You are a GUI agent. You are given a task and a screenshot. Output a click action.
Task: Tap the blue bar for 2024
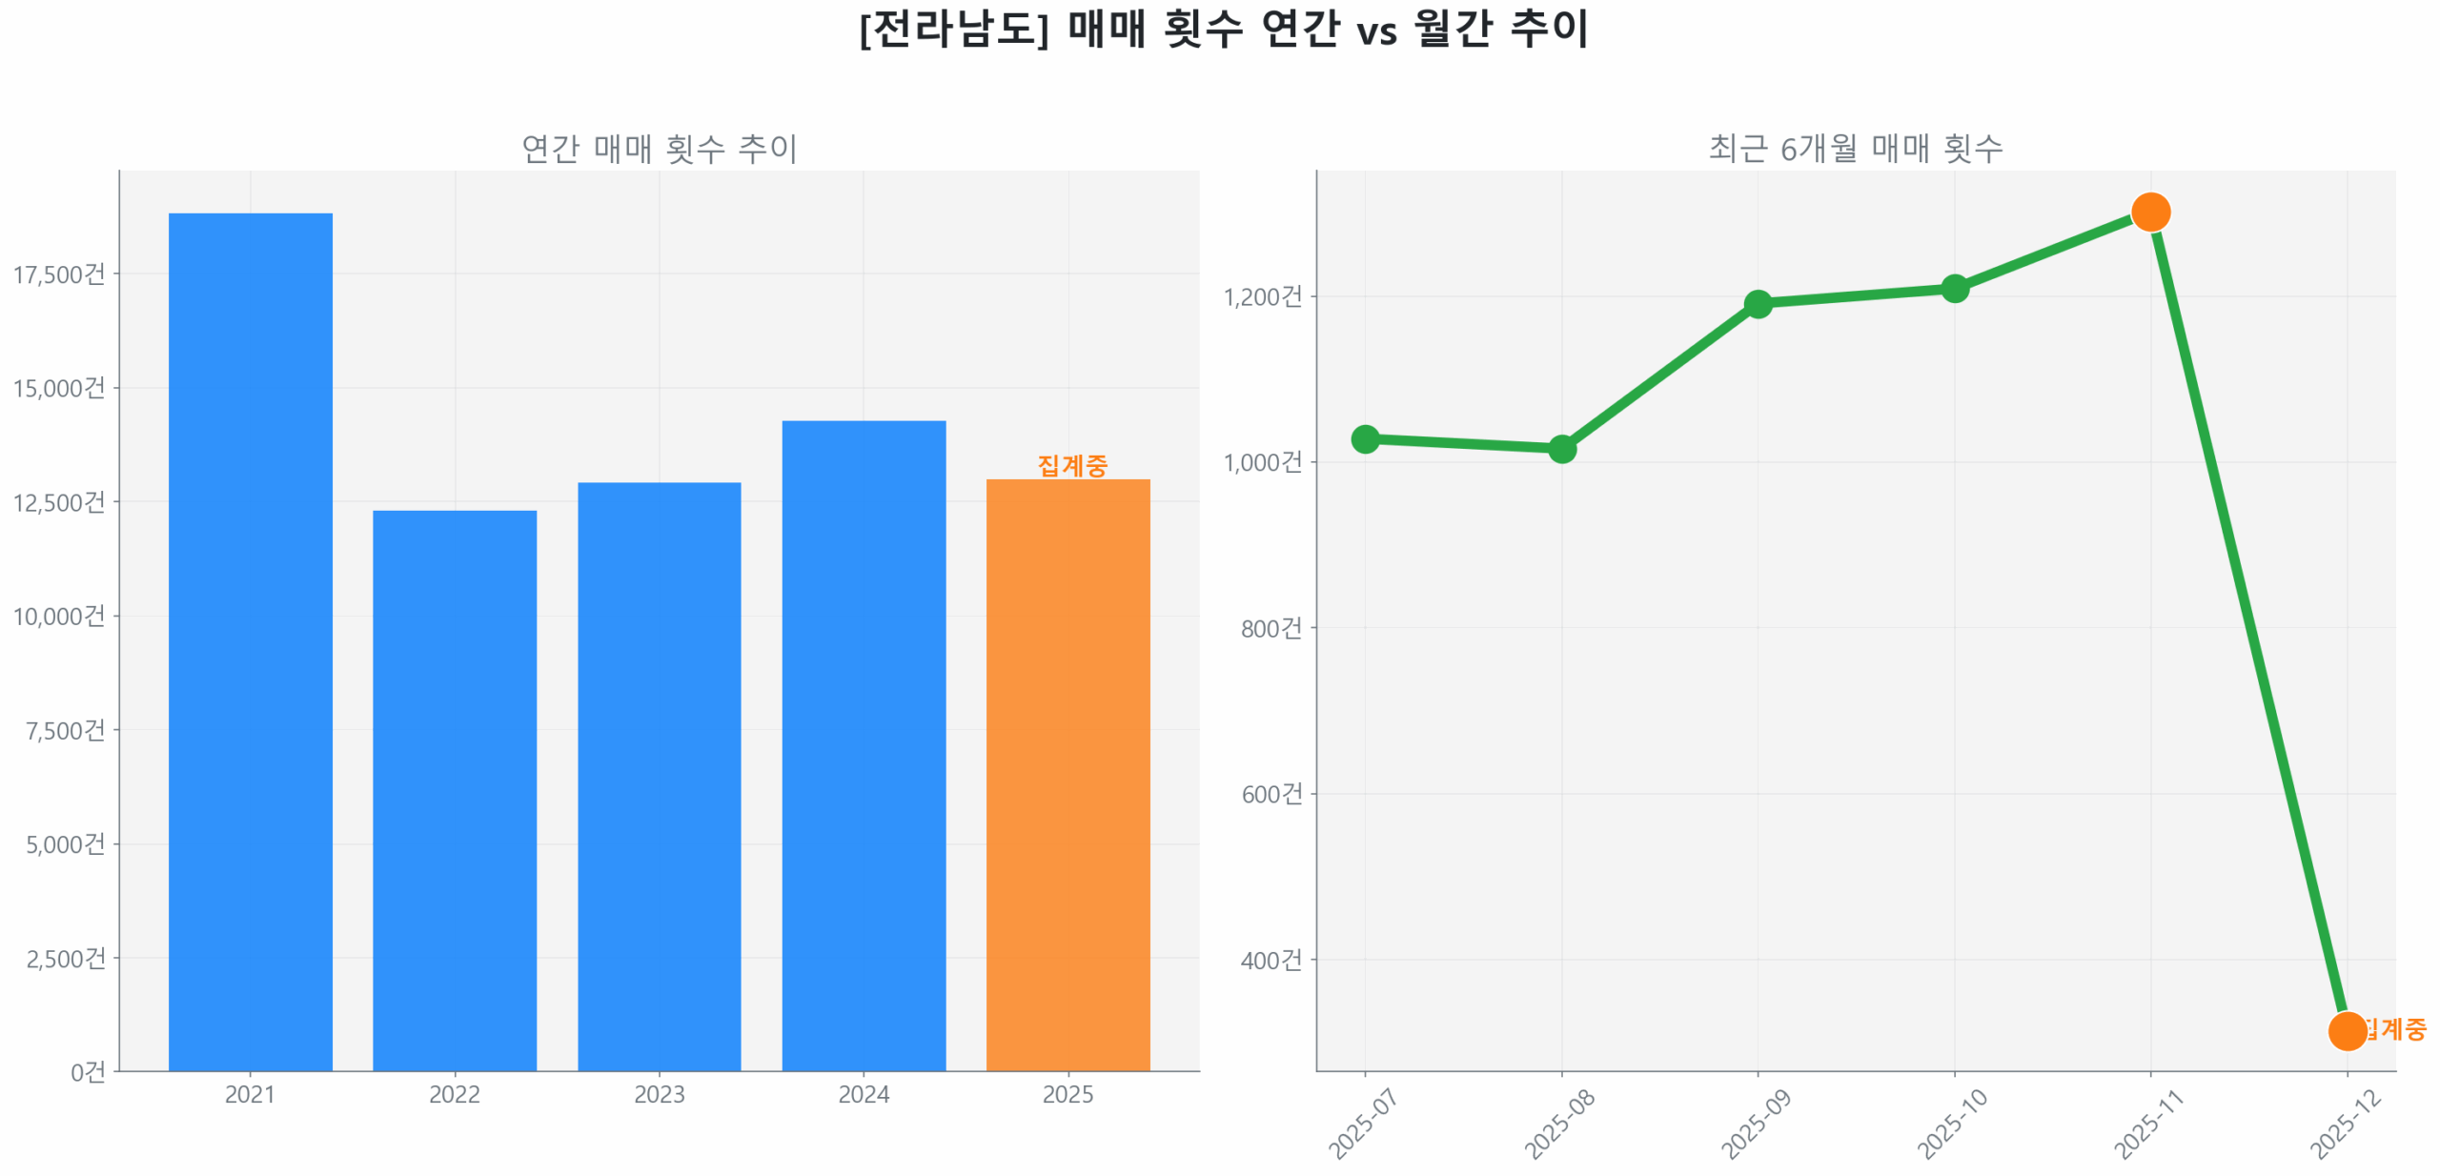click(x=863, y=743)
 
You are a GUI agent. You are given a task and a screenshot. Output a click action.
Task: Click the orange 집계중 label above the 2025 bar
click(x=1071, y=464)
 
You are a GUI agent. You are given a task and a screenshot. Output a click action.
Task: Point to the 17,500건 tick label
click(x=59, y=274)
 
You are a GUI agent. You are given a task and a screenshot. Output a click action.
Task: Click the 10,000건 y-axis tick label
click(x=59, y=616)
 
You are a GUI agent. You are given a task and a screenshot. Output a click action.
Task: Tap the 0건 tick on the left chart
click(x=88, y=1071)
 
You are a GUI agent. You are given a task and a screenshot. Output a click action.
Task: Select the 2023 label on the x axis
click(x=659, y=1093)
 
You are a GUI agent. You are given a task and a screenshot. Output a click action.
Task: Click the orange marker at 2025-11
click(x=2149, y=212)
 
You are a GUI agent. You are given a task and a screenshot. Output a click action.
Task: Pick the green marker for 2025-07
click(x=1364, y=438)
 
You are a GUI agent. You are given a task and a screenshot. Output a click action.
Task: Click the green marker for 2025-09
click(x=1757, y=303)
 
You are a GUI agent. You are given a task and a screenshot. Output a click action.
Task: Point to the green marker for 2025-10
click(x=1953, y=288)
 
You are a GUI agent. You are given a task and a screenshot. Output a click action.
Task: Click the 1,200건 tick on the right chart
click(x=1261, y=296)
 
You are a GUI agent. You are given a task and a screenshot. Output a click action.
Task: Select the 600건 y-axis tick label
click(x=1270, y=793)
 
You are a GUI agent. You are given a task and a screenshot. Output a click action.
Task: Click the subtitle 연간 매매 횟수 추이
click(x=659, y=149)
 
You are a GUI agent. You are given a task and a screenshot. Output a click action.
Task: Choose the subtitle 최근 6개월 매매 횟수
click(x=1854, y=149)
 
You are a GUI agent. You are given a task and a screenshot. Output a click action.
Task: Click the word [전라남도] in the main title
click(x=952, y=29)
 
